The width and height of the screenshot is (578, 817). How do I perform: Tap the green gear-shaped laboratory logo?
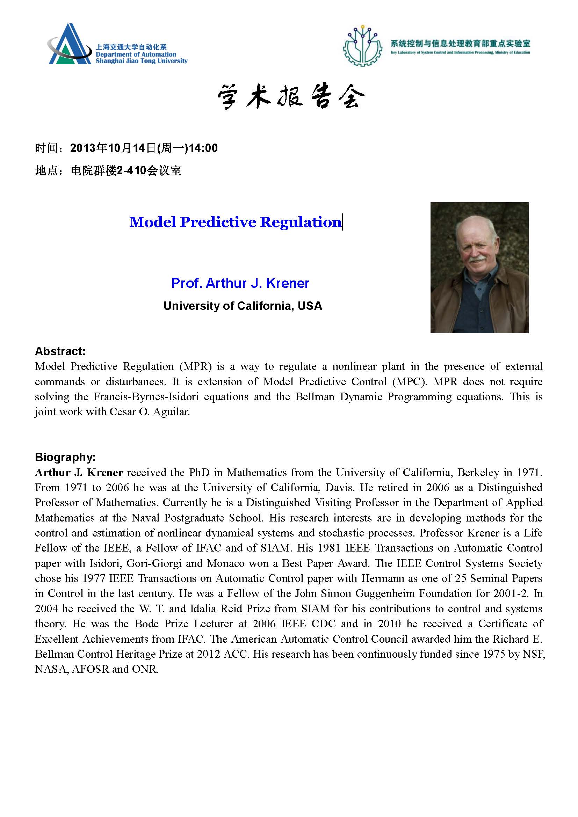[362, 46]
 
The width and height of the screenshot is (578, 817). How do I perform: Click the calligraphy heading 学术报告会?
[291, 96]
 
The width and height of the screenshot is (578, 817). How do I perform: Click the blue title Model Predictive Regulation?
[235, 222]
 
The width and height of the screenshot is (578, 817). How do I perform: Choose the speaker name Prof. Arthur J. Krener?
[240, 283]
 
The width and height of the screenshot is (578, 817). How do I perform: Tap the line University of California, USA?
[243, 306]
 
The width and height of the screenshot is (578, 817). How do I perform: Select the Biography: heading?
[65, 457]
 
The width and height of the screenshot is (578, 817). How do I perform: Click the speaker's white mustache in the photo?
[477, 259]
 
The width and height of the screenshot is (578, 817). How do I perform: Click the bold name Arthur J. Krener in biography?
[79, 473]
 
